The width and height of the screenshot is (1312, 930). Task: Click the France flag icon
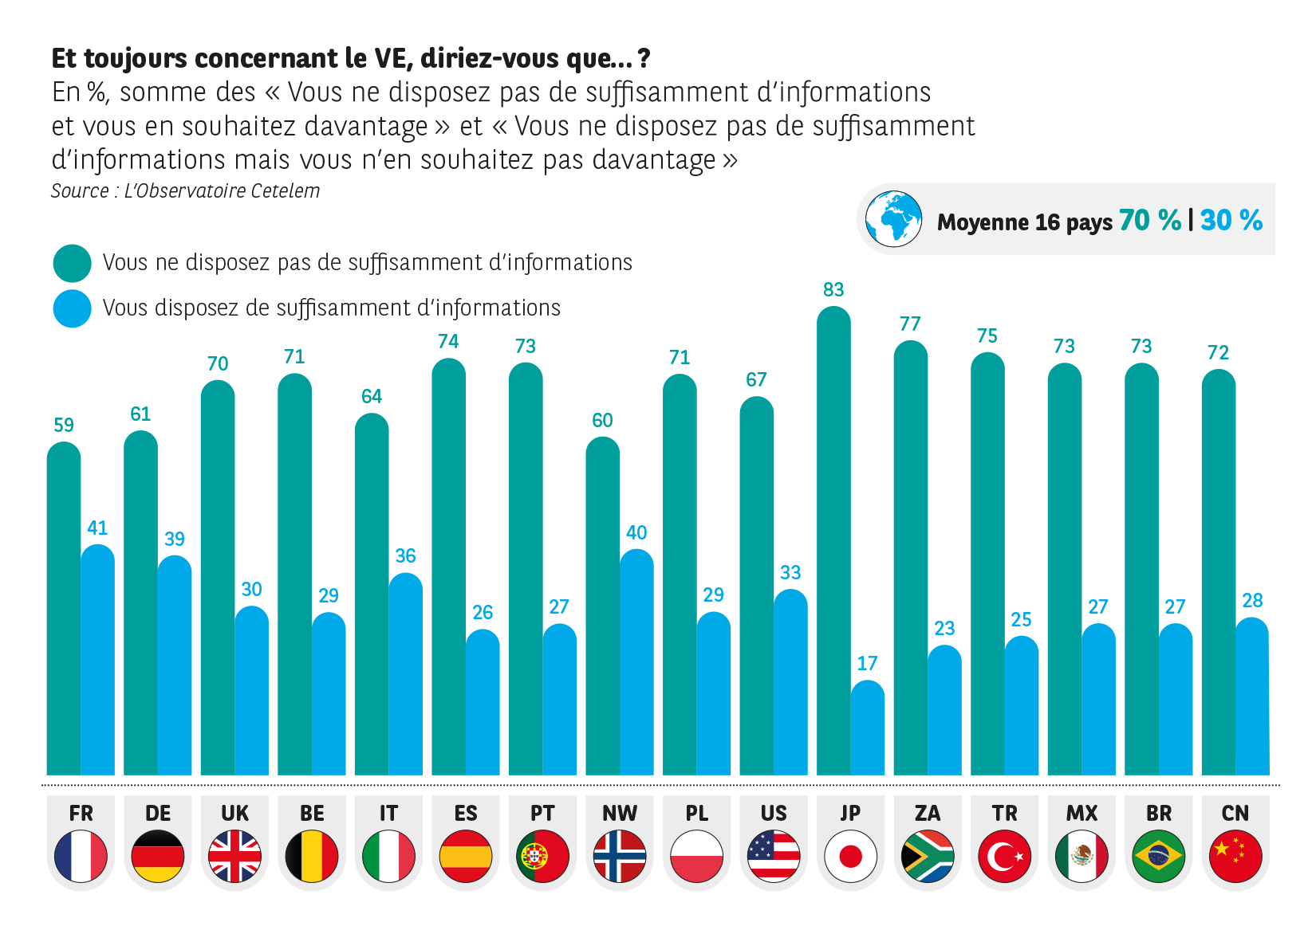81,856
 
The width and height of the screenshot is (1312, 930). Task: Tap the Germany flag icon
158,856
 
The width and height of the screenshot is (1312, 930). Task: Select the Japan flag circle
850,856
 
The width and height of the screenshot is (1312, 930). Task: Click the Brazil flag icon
1158,856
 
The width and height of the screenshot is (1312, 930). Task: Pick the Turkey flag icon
1004,856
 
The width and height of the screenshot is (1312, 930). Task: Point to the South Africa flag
928,856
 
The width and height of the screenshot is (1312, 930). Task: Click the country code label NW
620,813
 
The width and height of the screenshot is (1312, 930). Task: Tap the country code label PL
696,813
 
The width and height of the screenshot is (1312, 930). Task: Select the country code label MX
1082,813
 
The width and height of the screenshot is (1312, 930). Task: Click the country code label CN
1235,813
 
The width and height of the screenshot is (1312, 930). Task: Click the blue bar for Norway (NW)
641,661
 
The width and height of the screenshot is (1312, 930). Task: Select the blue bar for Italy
410,673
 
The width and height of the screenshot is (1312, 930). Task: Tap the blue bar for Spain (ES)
487,701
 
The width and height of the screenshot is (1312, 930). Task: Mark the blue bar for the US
795,681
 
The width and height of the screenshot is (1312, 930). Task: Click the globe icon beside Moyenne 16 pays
893,218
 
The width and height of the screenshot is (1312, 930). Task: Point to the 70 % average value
1149,220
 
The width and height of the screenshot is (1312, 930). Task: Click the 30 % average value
1231,220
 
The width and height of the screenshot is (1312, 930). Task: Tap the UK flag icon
234,856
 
